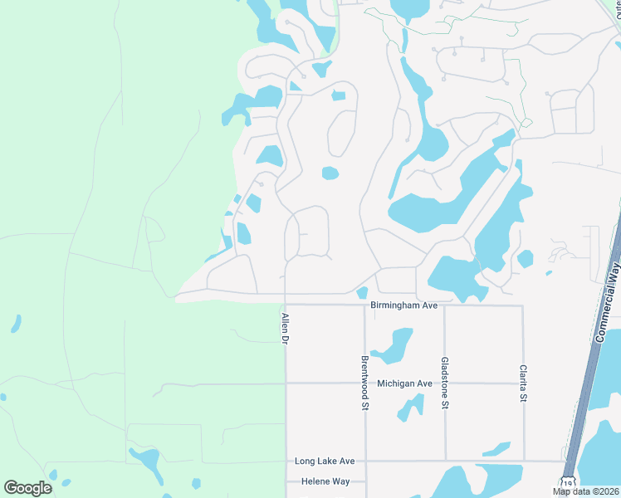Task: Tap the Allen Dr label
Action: click(284, 329)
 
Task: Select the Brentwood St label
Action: click(364, 383)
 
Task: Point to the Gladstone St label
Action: click(445, 383)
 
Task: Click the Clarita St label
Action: click(524, 384)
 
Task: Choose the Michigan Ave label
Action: click(404, 383)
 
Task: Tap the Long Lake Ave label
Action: click(325, 461)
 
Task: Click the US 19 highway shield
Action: click(568, 482)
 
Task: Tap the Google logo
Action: click(28, 487)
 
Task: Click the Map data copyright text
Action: click(586, 491)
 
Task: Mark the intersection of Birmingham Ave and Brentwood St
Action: click(364, 305)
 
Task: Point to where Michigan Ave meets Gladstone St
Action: click(445, 383)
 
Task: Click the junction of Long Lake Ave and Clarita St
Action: click(524, 461)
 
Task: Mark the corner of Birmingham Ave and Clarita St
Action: click(524, 305)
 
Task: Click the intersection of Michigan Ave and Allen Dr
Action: click(286, 383)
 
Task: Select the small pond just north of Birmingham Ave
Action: click(362, 292)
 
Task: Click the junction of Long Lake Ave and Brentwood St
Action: click(364, 461)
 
